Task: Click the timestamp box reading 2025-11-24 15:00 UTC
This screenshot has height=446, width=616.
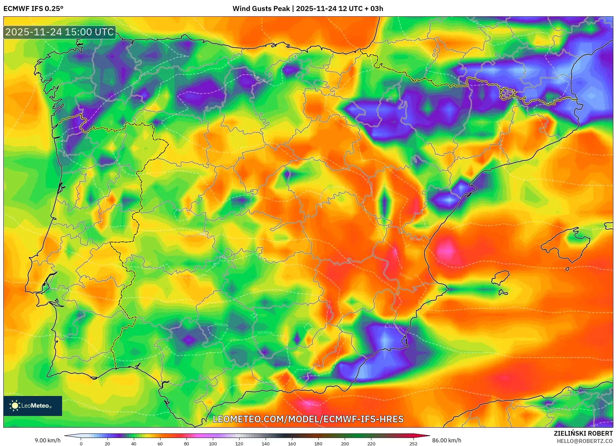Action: [59, 32]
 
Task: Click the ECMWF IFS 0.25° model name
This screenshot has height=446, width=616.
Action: [33, 9]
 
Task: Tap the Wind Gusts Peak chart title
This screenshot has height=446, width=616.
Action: [308, 9]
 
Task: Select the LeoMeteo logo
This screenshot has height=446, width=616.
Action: [33, 406]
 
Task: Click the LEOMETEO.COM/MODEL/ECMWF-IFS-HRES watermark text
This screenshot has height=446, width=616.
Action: [308, 419]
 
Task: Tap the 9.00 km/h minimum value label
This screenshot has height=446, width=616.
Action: [48, 440]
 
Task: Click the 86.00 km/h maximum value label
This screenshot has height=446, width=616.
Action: [446, 440]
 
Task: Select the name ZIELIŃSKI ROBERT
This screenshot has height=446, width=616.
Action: [583, 433]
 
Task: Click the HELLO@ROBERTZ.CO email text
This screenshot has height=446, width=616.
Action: [585, 441]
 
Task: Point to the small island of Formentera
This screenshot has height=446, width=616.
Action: [503, 293]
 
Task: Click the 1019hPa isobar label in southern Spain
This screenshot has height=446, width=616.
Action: [221, 325]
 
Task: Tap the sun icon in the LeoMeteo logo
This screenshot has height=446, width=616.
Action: [15, 406]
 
